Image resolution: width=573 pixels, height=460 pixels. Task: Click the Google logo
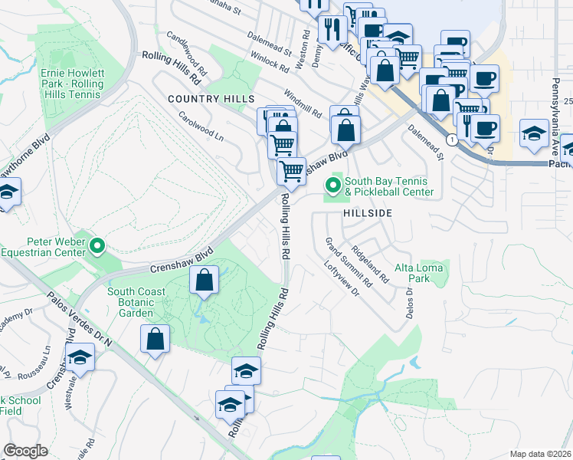(25, 451)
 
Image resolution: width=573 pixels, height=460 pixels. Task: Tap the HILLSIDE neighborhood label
(368, 212)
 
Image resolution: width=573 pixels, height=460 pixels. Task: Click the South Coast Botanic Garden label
(136, 302)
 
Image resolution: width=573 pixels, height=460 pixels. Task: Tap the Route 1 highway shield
(453, 140)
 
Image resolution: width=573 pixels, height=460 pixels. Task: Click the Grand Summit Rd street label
(348, 262)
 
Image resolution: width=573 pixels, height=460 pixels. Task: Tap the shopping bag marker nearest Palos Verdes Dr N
(155, 339)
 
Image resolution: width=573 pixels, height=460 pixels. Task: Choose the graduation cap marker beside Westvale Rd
(80, 359)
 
